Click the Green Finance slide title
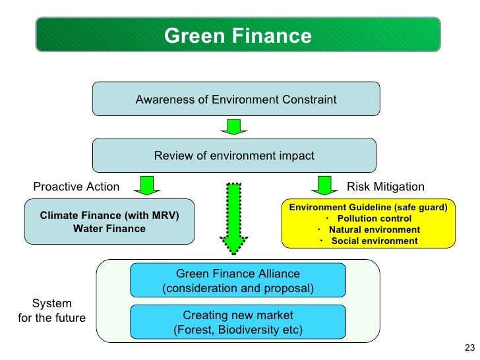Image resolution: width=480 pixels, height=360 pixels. pyautogui.click(x=237, y=36)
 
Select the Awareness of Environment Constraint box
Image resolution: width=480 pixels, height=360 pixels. pyautogui.click(x=236, y=100)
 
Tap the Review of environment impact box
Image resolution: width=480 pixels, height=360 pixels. pyautogui.click(x=234, y=156)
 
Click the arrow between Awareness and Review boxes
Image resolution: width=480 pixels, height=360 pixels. pyautogui.click(x=233, y=127)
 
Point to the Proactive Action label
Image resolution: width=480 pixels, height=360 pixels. pyautogui.click(x=76, y=187)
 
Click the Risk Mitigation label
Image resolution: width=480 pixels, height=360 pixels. pyautogui.click(x=386, y=187)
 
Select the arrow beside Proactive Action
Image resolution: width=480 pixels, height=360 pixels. pyautogui.click(x=147, y=185)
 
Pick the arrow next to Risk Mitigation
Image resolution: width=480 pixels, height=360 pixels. pyautogui.click(x=323, y=185)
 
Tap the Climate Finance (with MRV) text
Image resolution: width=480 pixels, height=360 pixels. pyautogui.click(x=109, y=216)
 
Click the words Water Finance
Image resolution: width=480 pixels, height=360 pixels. pyautogui.click(x=109, y=229)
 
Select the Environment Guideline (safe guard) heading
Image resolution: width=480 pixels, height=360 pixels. pyautogui.click(x=368, y=207)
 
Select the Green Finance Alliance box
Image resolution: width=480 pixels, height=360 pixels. pyautogui.click(x=238, y=280)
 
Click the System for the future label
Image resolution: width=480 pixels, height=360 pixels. pyautogui.click(x=52, y=311)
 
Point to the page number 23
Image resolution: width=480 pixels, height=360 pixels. pyautogui.click(x=469, y=349)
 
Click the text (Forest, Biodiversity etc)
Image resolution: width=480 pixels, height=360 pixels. pyautogui.click(x=238, y=330)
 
